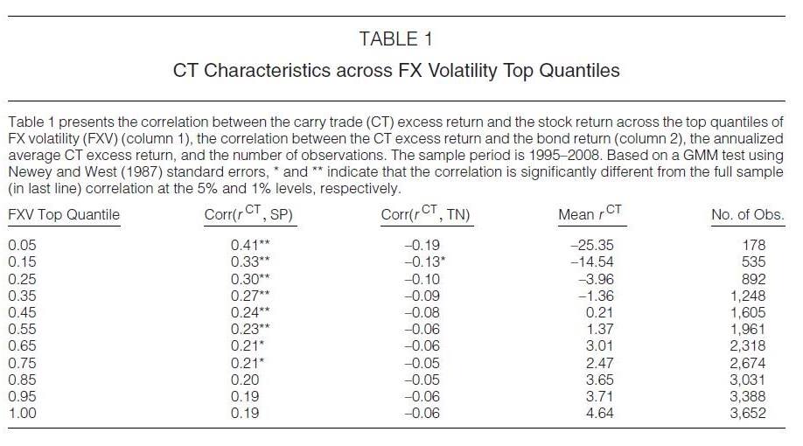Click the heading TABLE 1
coord(396,39)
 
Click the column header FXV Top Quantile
coord(64,214)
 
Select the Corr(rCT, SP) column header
coord(249,213)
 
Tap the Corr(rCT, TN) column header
coord(426,213)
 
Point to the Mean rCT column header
coord(590,213)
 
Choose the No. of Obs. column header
coord(748,214)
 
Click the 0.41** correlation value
coord(250,245)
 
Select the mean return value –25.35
coord(592,245)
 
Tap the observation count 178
coord(754,245)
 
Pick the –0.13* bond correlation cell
coord(425,261)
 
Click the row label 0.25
coord(22,279)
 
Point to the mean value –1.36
coord(596,296)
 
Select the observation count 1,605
coord(748,312)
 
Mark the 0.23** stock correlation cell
coord(250,329)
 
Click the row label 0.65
coord(22,345)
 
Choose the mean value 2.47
coord(600,363)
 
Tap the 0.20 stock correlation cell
coord(245,380)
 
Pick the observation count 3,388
coord(748,396)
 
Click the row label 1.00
coord(22,413)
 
